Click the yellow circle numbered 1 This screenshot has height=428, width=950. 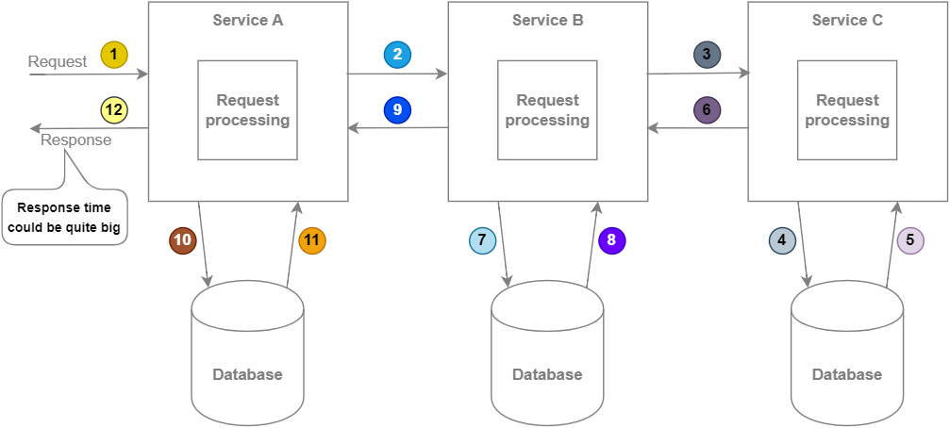tap(113, 55)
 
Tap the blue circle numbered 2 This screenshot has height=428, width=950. tap(398, 55)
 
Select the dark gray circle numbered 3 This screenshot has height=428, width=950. tap(707, 55)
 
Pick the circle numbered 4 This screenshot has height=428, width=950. tap(783, 240)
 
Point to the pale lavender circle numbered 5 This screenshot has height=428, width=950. tap(910, 240)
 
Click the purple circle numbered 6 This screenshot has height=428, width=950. tap(707, 110)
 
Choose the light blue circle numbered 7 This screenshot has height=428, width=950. tap(483, 240)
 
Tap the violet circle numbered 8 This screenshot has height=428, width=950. tap(611, 240)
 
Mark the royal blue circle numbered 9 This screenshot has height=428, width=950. tap(398, 110)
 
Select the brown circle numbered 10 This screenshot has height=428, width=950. tap(183, 240)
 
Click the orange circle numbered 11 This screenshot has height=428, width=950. tap(311, 240)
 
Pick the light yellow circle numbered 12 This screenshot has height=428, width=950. tap(113, 110)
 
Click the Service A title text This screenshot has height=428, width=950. tap(248, 20)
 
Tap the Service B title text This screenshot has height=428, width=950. tap(547, 20)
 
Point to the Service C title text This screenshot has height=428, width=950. tap(847, 20)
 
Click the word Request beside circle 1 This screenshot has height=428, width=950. tap(58, 62)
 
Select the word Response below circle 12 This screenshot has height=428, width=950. tap(75, 140)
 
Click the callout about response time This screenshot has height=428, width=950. tap(64, 217)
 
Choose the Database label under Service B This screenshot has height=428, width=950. tap(547, 374)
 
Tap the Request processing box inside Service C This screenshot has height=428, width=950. tap(847, 110)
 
